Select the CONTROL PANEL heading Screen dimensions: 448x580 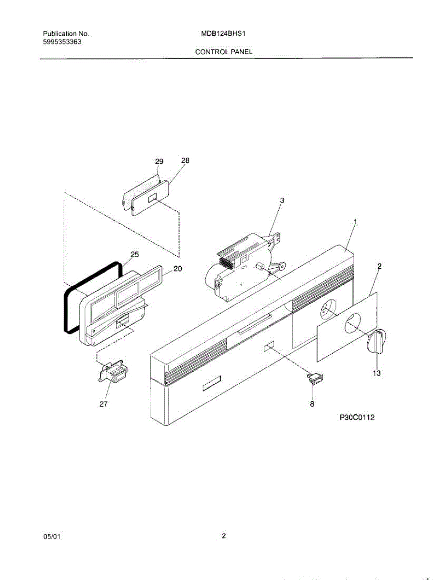(224, 51)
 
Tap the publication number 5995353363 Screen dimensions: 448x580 (62, 42)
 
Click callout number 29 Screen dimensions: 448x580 (159, 161)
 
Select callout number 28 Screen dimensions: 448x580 (185, 160)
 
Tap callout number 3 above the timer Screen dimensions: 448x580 (282, 200)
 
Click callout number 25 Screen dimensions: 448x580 (134, 254)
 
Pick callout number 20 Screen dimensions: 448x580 (177, 269)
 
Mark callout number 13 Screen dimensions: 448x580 (376, 373)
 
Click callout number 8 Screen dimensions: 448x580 (312, 404)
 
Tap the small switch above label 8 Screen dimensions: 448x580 (315, 378)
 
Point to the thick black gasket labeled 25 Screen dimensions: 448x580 (67, 309)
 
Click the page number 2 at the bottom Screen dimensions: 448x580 (224, 536)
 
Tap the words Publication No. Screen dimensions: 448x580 (66, 34)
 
